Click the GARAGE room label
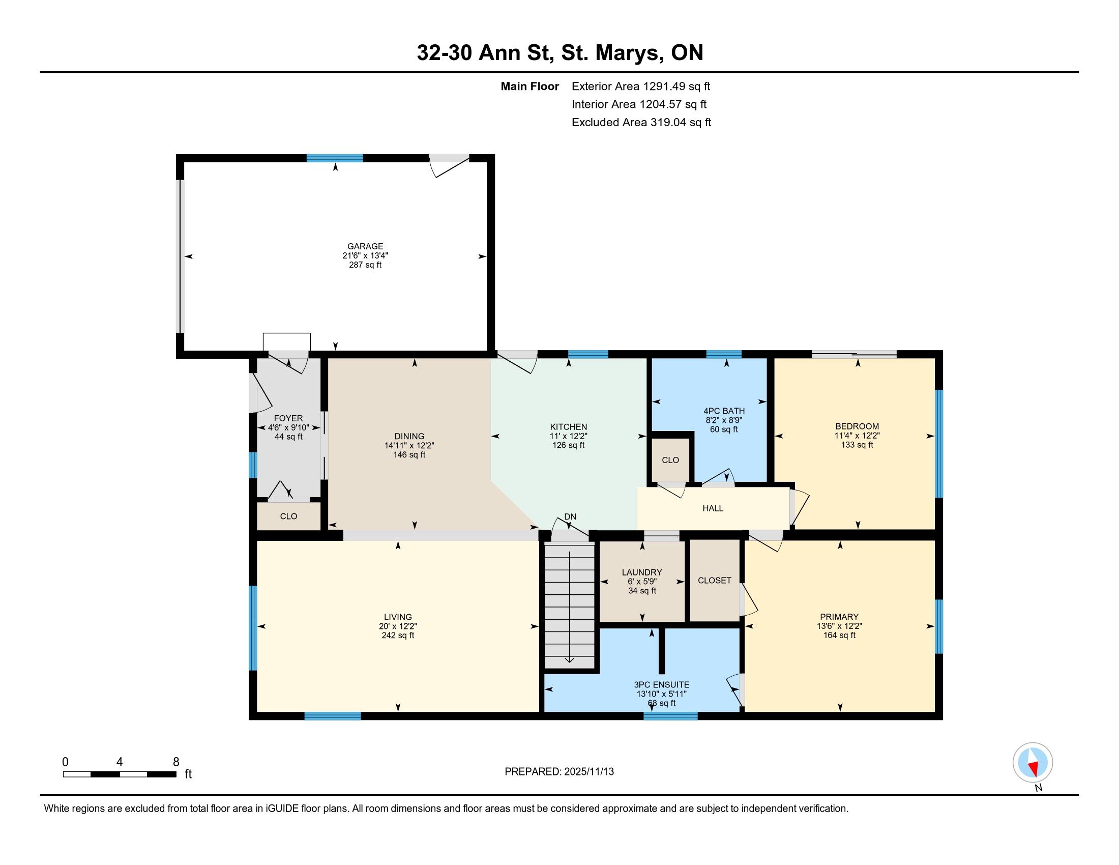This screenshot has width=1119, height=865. click(x=365, y=246)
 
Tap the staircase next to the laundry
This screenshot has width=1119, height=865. click(x=569, y=605)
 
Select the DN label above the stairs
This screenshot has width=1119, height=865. click(x=570, y=516)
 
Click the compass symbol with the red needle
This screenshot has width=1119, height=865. click(x=1033, y=763)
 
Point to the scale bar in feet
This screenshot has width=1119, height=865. click(x=120, y=774)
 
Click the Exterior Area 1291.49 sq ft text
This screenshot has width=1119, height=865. click(x=641, y=86)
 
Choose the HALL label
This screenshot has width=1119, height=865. click(x=713, y=508)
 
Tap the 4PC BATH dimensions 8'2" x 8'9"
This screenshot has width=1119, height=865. click(x=724, y=420)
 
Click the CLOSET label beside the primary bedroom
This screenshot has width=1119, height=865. click(x=714, y=580)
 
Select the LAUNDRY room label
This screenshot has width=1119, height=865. click(x=642, y=572)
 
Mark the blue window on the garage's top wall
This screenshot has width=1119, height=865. click(x=335, y=158)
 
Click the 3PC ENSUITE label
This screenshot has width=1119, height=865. click(x=661, y=684)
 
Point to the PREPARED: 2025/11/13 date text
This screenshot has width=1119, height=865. click(x=559, y=772)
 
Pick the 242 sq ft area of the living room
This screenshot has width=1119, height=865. click(x=398, y=636)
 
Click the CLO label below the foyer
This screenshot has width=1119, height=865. click(x=288, y=516)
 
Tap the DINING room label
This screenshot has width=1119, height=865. click(x=409, y=437)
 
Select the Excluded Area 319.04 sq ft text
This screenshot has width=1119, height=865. click(x=641, y=123)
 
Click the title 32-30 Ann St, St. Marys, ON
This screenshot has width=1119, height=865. click(x=560, y=52)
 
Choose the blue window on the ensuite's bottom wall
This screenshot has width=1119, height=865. click(x=670, y=716)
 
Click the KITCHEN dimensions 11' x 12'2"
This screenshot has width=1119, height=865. click(x=568, y=436)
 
